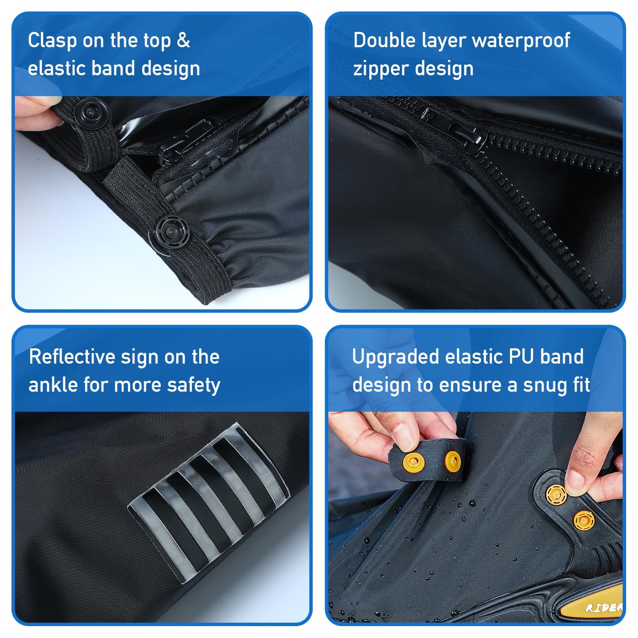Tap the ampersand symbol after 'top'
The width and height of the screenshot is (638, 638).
click(183, 40)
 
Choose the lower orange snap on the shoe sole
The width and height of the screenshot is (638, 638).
click(583, 519)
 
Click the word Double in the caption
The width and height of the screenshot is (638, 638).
click(385, 40)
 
